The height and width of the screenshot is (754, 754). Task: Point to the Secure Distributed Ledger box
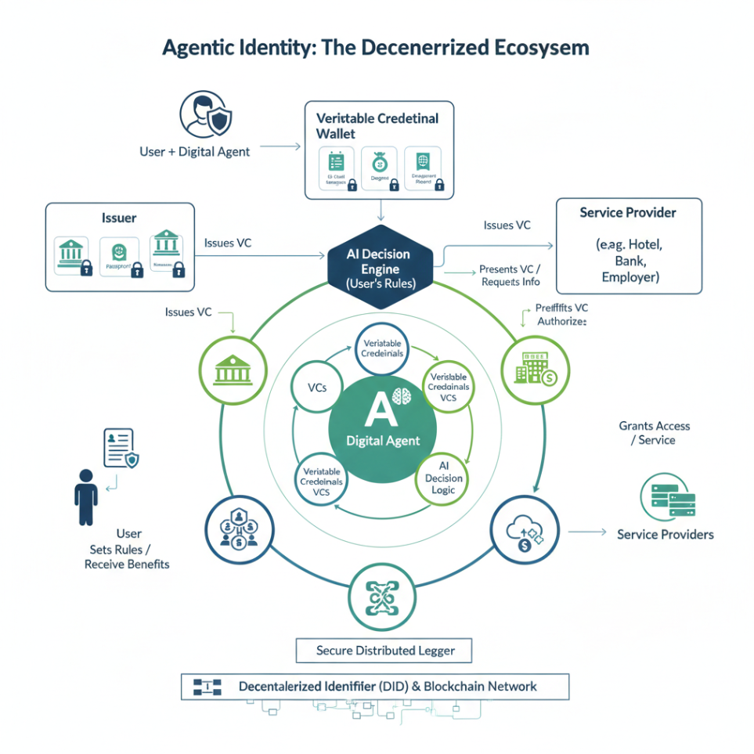(384, 650)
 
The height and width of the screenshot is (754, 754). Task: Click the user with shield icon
(206, 115)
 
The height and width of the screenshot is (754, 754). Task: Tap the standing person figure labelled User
(86, 496)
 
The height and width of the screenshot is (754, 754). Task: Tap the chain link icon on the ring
(381, 598)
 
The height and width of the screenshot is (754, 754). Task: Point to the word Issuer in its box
(119, 218)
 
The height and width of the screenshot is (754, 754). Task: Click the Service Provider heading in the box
(628, 212)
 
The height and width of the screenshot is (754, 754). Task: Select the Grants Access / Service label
(655, 433)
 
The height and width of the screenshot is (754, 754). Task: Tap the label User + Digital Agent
(194, 151)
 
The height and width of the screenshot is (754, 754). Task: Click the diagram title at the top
(375, 47)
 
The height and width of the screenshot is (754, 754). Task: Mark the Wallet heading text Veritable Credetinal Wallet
(377, 125)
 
